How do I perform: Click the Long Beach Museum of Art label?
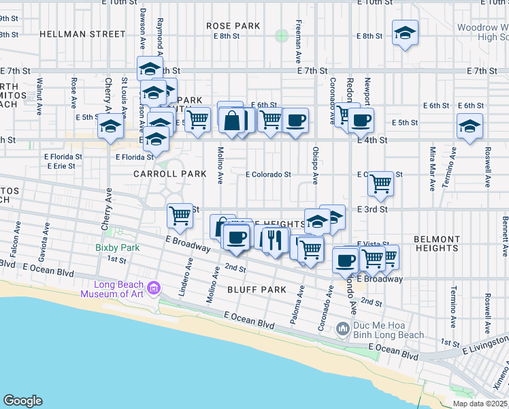tap(112, 290)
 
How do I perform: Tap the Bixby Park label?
tap(117, 247)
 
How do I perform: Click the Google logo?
tap(22, 401)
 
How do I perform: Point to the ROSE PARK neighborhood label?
tap(233, 26)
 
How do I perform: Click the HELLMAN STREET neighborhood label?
tap(82, 33)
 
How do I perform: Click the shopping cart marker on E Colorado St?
tap(380, 182)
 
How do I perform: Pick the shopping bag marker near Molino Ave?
tap(231, 120)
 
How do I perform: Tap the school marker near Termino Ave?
tap(469, 127)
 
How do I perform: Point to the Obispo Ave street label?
tap(315, 166)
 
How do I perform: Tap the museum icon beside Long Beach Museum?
tap(154, 288)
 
